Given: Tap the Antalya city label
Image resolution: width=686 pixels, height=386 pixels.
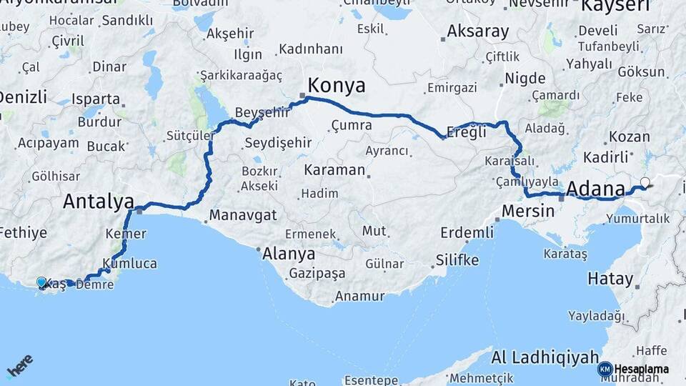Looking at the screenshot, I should (98, 201).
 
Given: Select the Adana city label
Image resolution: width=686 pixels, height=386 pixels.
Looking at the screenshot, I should (595, 189).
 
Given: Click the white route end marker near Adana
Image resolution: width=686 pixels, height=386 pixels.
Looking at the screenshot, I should (646, 182).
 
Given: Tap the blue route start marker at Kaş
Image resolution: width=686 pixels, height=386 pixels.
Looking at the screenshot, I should (41, 283).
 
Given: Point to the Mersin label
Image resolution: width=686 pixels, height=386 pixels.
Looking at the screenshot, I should (528, 211).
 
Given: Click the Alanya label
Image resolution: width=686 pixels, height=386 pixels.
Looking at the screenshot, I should (289, 253).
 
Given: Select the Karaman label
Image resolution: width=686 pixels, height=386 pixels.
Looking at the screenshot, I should (334, 171).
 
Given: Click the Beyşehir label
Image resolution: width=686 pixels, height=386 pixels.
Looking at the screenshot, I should (262, 112).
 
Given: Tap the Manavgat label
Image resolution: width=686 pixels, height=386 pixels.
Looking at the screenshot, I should (243, 214).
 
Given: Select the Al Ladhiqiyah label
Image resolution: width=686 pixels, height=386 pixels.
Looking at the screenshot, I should (545, 357).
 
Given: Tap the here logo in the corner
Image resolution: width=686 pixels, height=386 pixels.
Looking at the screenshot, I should (19, 366).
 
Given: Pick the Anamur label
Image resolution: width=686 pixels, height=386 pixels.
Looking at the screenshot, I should (360, 295).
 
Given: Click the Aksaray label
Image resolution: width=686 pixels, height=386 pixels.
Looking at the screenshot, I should (478, 31).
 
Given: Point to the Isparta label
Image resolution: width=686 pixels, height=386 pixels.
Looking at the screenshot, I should (96, 99).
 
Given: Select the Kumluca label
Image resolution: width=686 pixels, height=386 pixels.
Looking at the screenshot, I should (129, 263).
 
